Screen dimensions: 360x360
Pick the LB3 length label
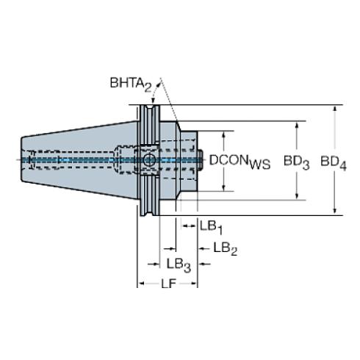point(178,262)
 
